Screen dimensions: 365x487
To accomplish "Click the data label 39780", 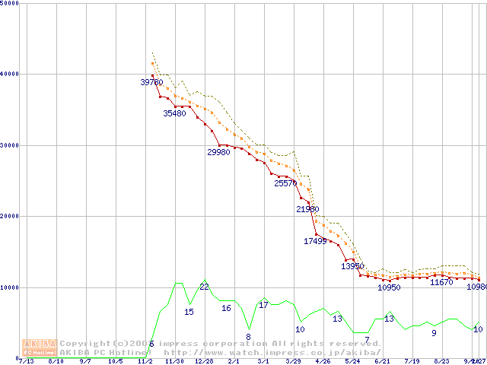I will click(x=152, y=82).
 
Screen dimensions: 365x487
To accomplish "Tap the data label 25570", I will click(x=285, y=183).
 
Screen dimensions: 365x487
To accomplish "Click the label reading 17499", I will click(x=315, y=241).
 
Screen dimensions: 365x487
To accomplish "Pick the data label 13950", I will click(x=352, y=266).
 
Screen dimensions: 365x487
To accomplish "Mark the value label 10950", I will click(x=389, y=287).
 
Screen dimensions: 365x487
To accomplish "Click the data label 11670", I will click(x=441, y=282).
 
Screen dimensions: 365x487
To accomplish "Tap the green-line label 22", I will click(x=204, y=287).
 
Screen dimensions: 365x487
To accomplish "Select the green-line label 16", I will click(x=226, y=308).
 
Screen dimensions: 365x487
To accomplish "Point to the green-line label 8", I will click(x=248, y=336).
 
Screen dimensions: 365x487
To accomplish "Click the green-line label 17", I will click(x=263, y=305).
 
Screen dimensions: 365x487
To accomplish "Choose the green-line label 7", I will click(x=367, y=339).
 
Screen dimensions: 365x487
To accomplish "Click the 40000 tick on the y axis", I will click(x=10, y=75).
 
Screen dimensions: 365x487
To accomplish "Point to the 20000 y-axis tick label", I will click(x=10, y=217).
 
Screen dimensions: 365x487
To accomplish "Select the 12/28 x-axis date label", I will click(x=203, y=361).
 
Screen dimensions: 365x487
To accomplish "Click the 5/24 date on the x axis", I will click(x=352, y=361).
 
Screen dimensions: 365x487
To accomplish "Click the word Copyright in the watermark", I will click(x=84, y=343).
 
